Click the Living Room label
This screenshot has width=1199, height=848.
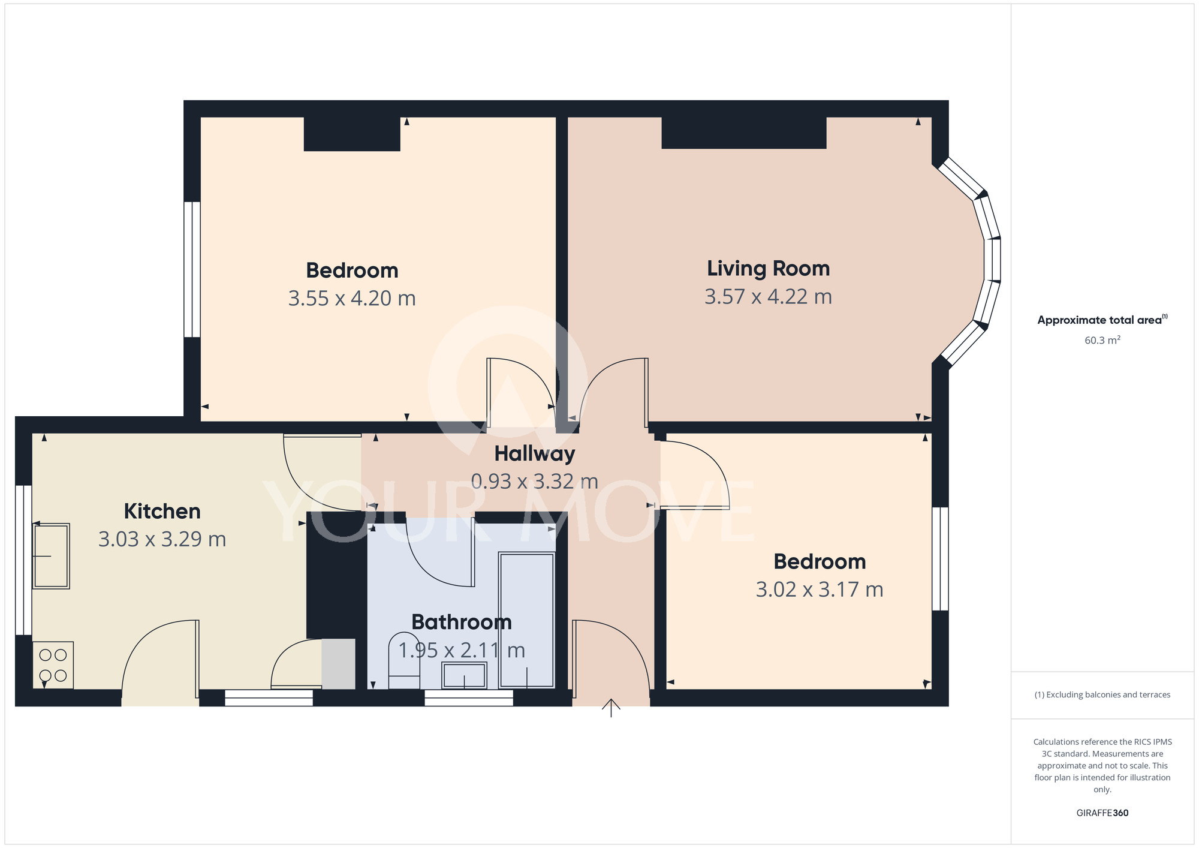[x=768, y=269]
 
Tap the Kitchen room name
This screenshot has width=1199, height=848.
[x=162, y=512]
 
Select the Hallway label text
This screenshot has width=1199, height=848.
[x=535, y=454]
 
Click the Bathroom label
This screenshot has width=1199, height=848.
[x=462, y=622]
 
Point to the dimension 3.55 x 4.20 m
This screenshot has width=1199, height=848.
[x=352, y=298]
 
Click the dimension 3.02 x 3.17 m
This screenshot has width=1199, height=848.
[x=820, y=590]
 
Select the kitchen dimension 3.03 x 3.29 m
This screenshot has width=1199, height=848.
[x=162, y=539]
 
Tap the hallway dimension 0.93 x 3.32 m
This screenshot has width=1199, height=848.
[x=535, y=482]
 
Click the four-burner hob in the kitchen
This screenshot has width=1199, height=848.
[x=53, y=665]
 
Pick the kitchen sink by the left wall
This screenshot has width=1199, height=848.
[x=51, y=556]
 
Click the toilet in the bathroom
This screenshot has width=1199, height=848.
[x=405, y=661]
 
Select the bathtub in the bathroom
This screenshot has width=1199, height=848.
[x=527, y=620]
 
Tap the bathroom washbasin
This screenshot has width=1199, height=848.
[x=464, y=675]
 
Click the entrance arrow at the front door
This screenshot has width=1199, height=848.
[x=611, y=708]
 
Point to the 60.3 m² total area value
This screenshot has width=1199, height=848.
[x=1102, y=340]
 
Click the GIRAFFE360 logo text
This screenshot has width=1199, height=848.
[x=1102, y=813]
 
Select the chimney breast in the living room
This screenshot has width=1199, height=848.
[x=744, y=133]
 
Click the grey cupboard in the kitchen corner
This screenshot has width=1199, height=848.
[x=339, y=664]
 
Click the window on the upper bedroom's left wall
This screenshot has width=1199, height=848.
[x=192, y=269]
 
